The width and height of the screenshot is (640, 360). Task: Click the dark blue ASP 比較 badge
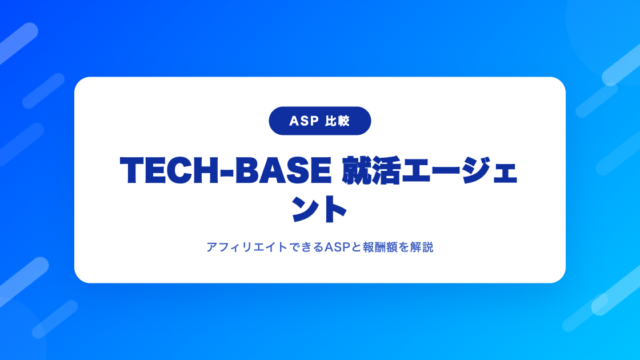point(320,121)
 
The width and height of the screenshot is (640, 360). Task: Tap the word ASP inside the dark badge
point(304,121)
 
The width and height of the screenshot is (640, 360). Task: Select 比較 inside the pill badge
point(338,121)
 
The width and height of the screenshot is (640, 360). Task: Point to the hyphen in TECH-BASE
point(227,172)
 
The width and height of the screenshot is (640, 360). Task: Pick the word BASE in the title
point(283,170)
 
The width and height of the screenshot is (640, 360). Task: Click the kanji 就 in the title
point(356,170)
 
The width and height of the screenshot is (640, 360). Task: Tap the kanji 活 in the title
point(386,170)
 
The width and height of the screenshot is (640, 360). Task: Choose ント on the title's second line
point(319,209)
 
